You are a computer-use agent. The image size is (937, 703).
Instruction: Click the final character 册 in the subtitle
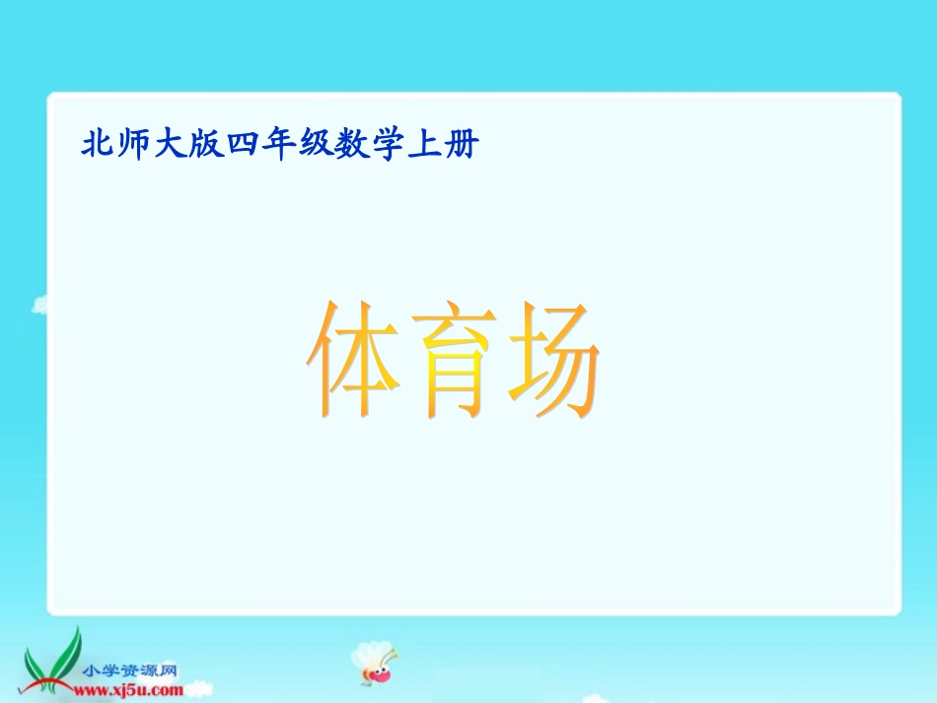463,146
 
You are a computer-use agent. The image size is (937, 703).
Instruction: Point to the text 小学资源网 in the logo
131,670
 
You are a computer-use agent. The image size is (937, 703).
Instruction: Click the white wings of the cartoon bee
365,653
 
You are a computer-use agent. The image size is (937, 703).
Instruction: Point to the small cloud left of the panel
40,305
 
